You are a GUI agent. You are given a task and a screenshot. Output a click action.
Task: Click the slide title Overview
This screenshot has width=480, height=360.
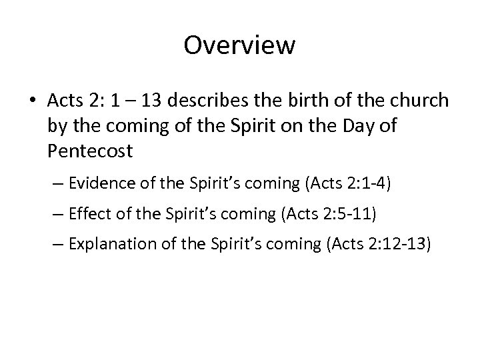click(239, 45)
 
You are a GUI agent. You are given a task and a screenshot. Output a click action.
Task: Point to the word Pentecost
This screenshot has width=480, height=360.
click(90, 151)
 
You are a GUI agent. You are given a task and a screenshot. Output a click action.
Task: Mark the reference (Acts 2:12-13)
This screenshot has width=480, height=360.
click(383, 246)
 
